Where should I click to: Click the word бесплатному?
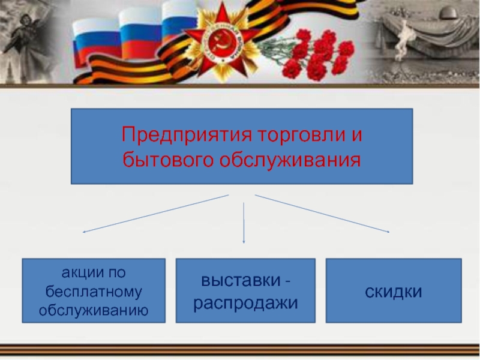[94, 292]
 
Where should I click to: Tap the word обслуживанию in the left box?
[94, 310]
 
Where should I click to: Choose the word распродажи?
[245, 302]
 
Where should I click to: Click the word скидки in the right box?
[394, 291]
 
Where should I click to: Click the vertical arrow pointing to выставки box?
[244, 222]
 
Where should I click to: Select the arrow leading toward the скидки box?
[324, 214]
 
